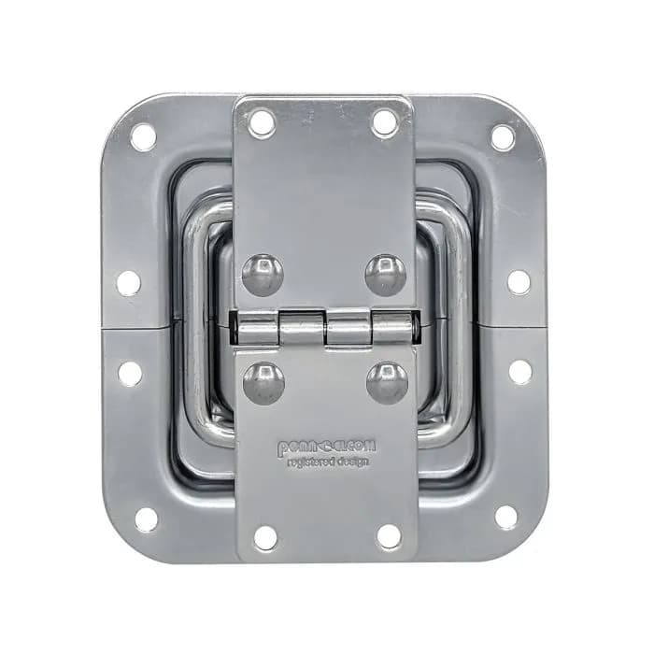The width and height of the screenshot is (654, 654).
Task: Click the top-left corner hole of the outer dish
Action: coord(143,136)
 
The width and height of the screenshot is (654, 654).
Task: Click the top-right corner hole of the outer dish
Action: coord(503,136)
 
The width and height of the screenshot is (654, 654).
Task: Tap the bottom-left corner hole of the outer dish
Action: coord(147,519)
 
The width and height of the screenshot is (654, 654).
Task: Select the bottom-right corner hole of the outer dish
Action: coord(506,517)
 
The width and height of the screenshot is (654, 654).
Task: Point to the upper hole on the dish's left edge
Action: coord(129,283)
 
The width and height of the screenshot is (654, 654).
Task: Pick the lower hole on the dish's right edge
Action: coord(520,371)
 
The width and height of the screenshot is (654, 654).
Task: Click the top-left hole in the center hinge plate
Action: coord(262,121)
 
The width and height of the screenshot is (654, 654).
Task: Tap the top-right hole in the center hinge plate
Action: coord(385,121)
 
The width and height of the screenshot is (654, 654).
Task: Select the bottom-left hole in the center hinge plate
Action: coord(265,537)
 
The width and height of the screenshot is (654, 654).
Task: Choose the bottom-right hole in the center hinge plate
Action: coord(389,535)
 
